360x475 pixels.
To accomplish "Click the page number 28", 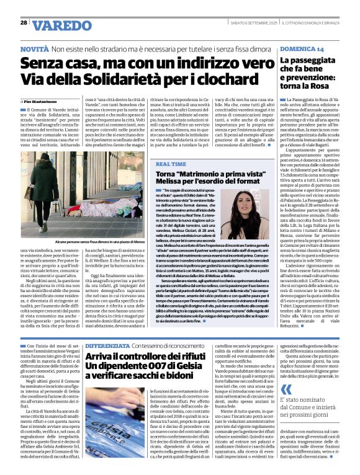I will [x=24, y=22].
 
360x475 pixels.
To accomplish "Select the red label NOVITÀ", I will [x=34, y=48].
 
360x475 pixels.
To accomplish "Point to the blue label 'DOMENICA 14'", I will [x=302, y=48].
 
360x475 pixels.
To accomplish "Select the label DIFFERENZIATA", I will [x=107, y=344].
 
